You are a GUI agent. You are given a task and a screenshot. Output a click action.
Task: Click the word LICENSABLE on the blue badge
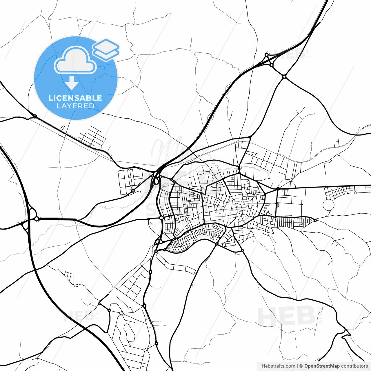(x=75, y=98)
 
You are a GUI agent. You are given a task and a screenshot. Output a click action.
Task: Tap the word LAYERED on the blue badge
(x=75, y=106)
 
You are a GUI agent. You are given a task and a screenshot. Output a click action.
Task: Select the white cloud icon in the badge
(x=75, y=60)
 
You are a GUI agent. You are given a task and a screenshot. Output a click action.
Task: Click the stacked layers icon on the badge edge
(x=106, y=49)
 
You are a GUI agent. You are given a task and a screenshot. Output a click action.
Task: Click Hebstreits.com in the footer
(x=278, y=366)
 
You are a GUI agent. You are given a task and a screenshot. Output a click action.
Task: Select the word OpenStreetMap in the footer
(x=322, y=366)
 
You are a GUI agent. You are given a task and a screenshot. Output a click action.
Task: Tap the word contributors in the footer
(x=354, y=366)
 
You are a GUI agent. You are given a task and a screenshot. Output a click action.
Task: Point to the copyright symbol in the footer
(x=301, y=366)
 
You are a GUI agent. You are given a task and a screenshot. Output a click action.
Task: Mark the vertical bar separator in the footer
(x=298, y=366)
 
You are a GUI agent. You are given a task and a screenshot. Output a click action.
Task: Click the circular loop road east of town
(x=328, y=205)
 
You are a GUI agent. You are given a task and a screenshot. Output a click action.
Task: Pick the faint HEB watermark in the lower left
(x=78, y=316)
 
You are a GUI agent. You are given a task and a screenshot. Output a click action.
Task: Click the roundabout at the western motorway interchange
(x=37, y=219)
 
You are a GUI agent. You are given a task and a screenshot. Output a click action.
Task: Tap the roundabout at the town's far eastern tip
(x=315, y=220)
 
